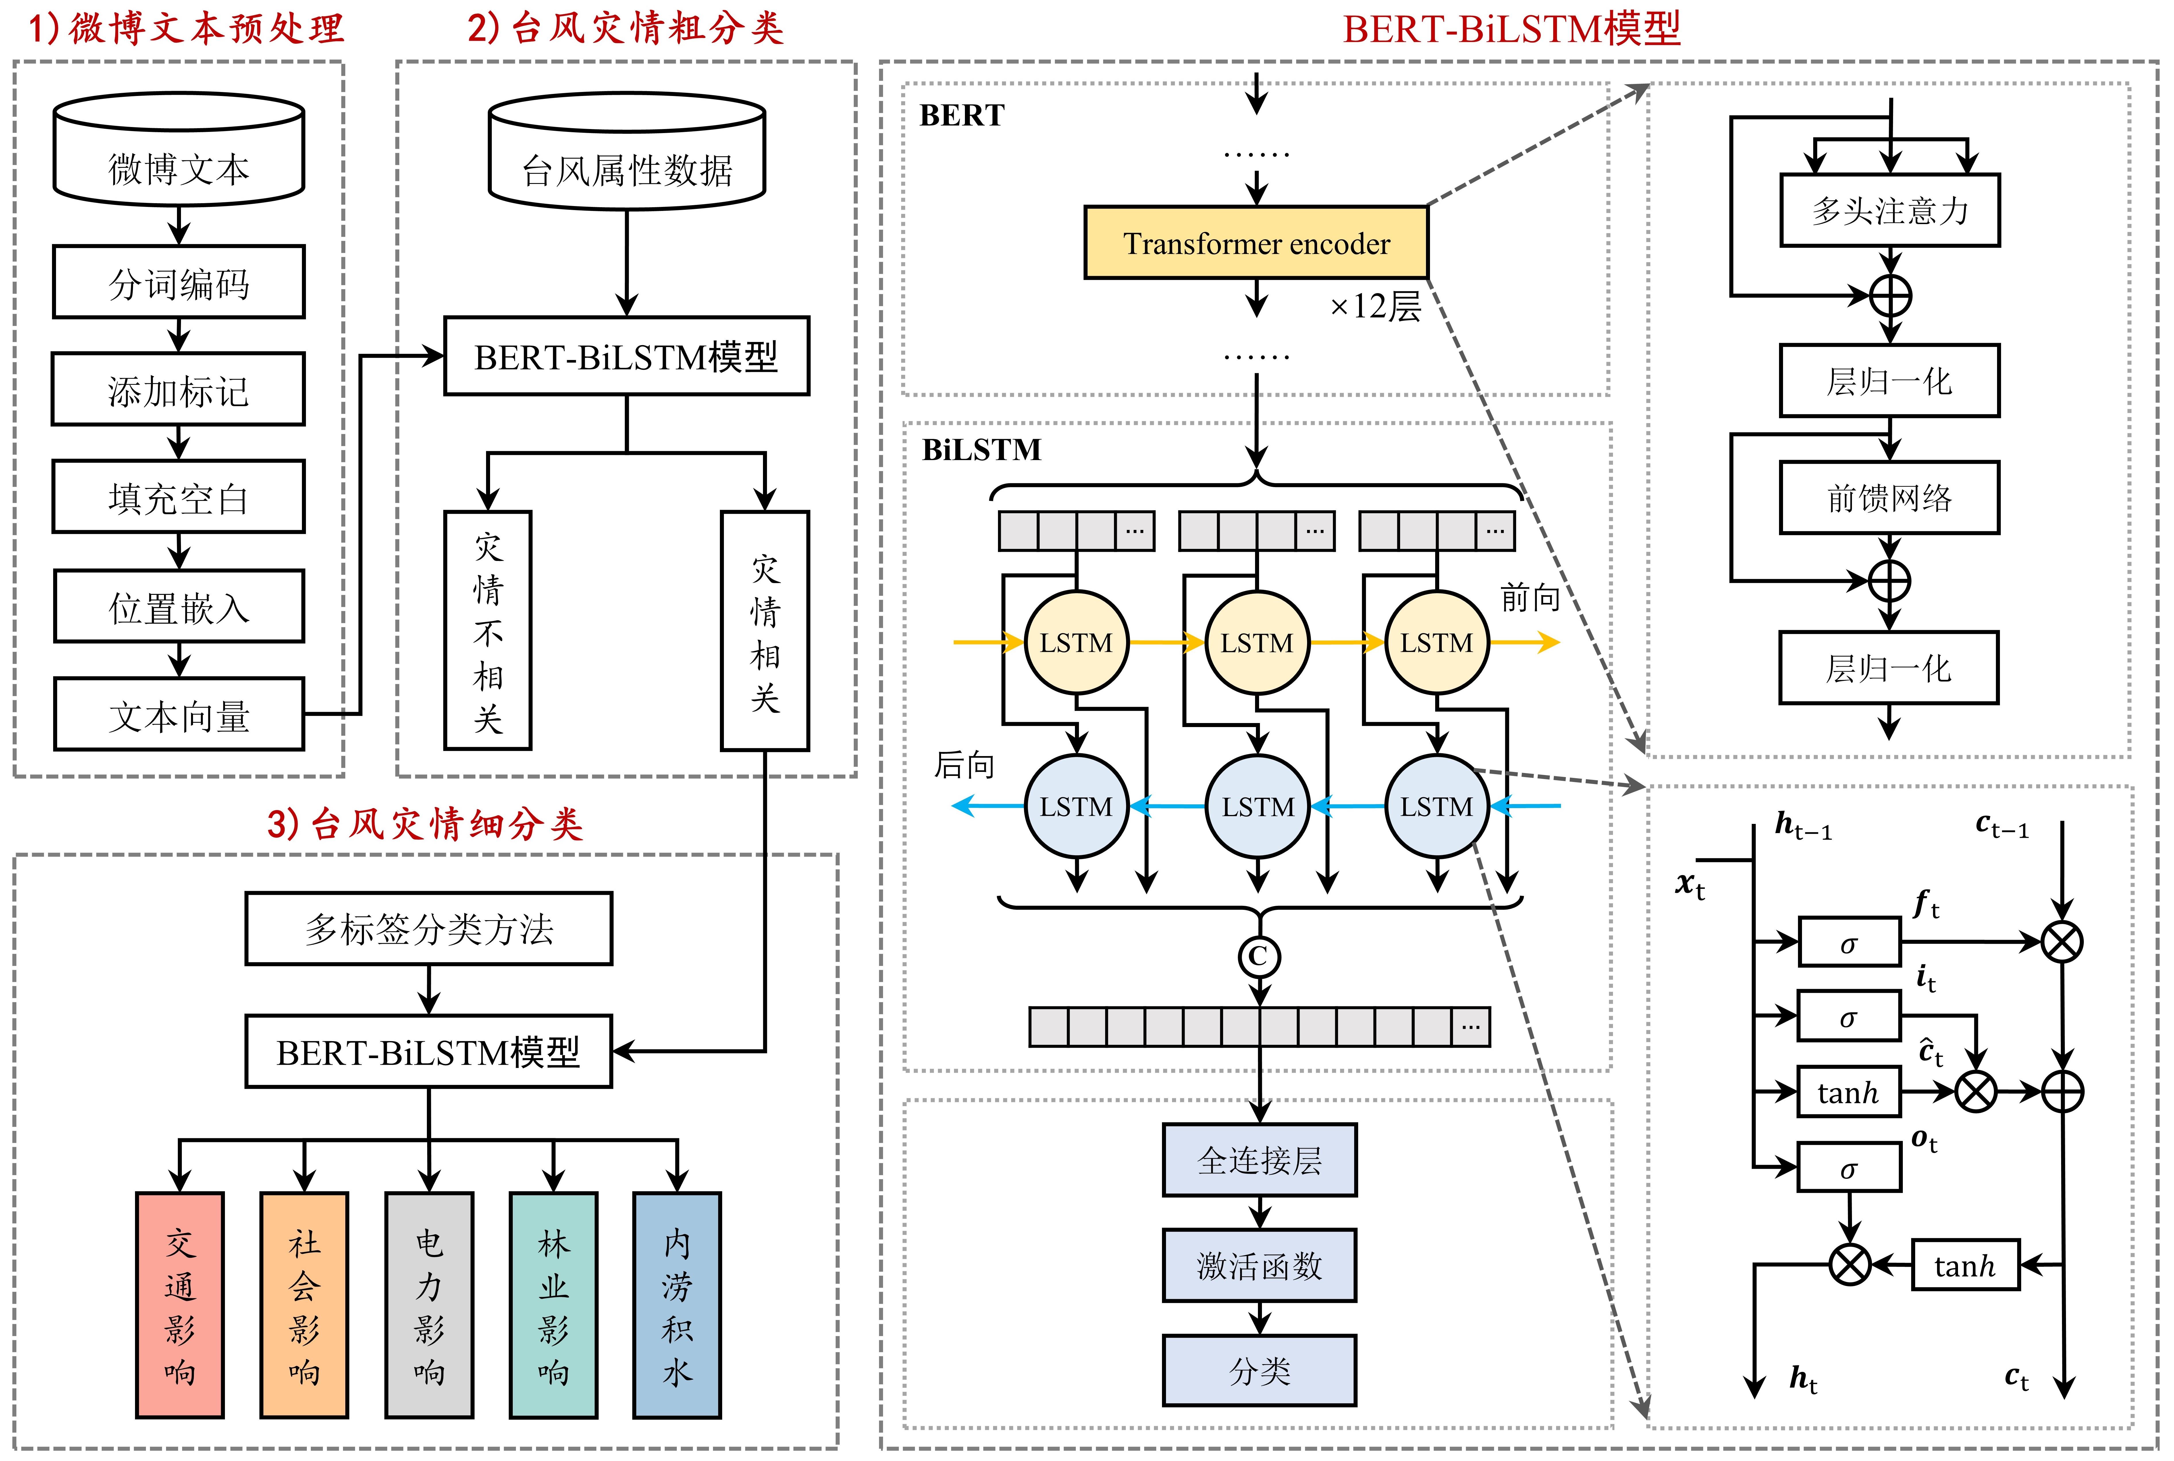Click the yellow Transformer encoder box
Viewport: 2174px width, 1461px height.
pyautogui.click(x=1256, y=243)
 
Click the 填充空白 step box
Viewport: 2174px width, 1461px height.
pyautogui.click(x=179, y=497)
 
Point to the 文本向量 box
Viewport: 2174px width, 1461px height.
pyautogui.click(x=179, y=716)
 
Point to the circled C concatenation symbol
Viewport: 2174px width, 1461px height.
pyautogui.click(x=1258, y=956)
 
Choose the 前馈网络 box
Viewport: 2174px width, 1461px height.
pyautogui.click(x=1889, y=497)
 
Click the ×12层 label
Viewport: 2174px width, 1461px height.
pyautogui.click(x=1375, y=307)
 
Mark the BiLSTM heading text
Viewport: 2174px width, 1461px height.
pyautogui.click(x=982, y=450)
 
